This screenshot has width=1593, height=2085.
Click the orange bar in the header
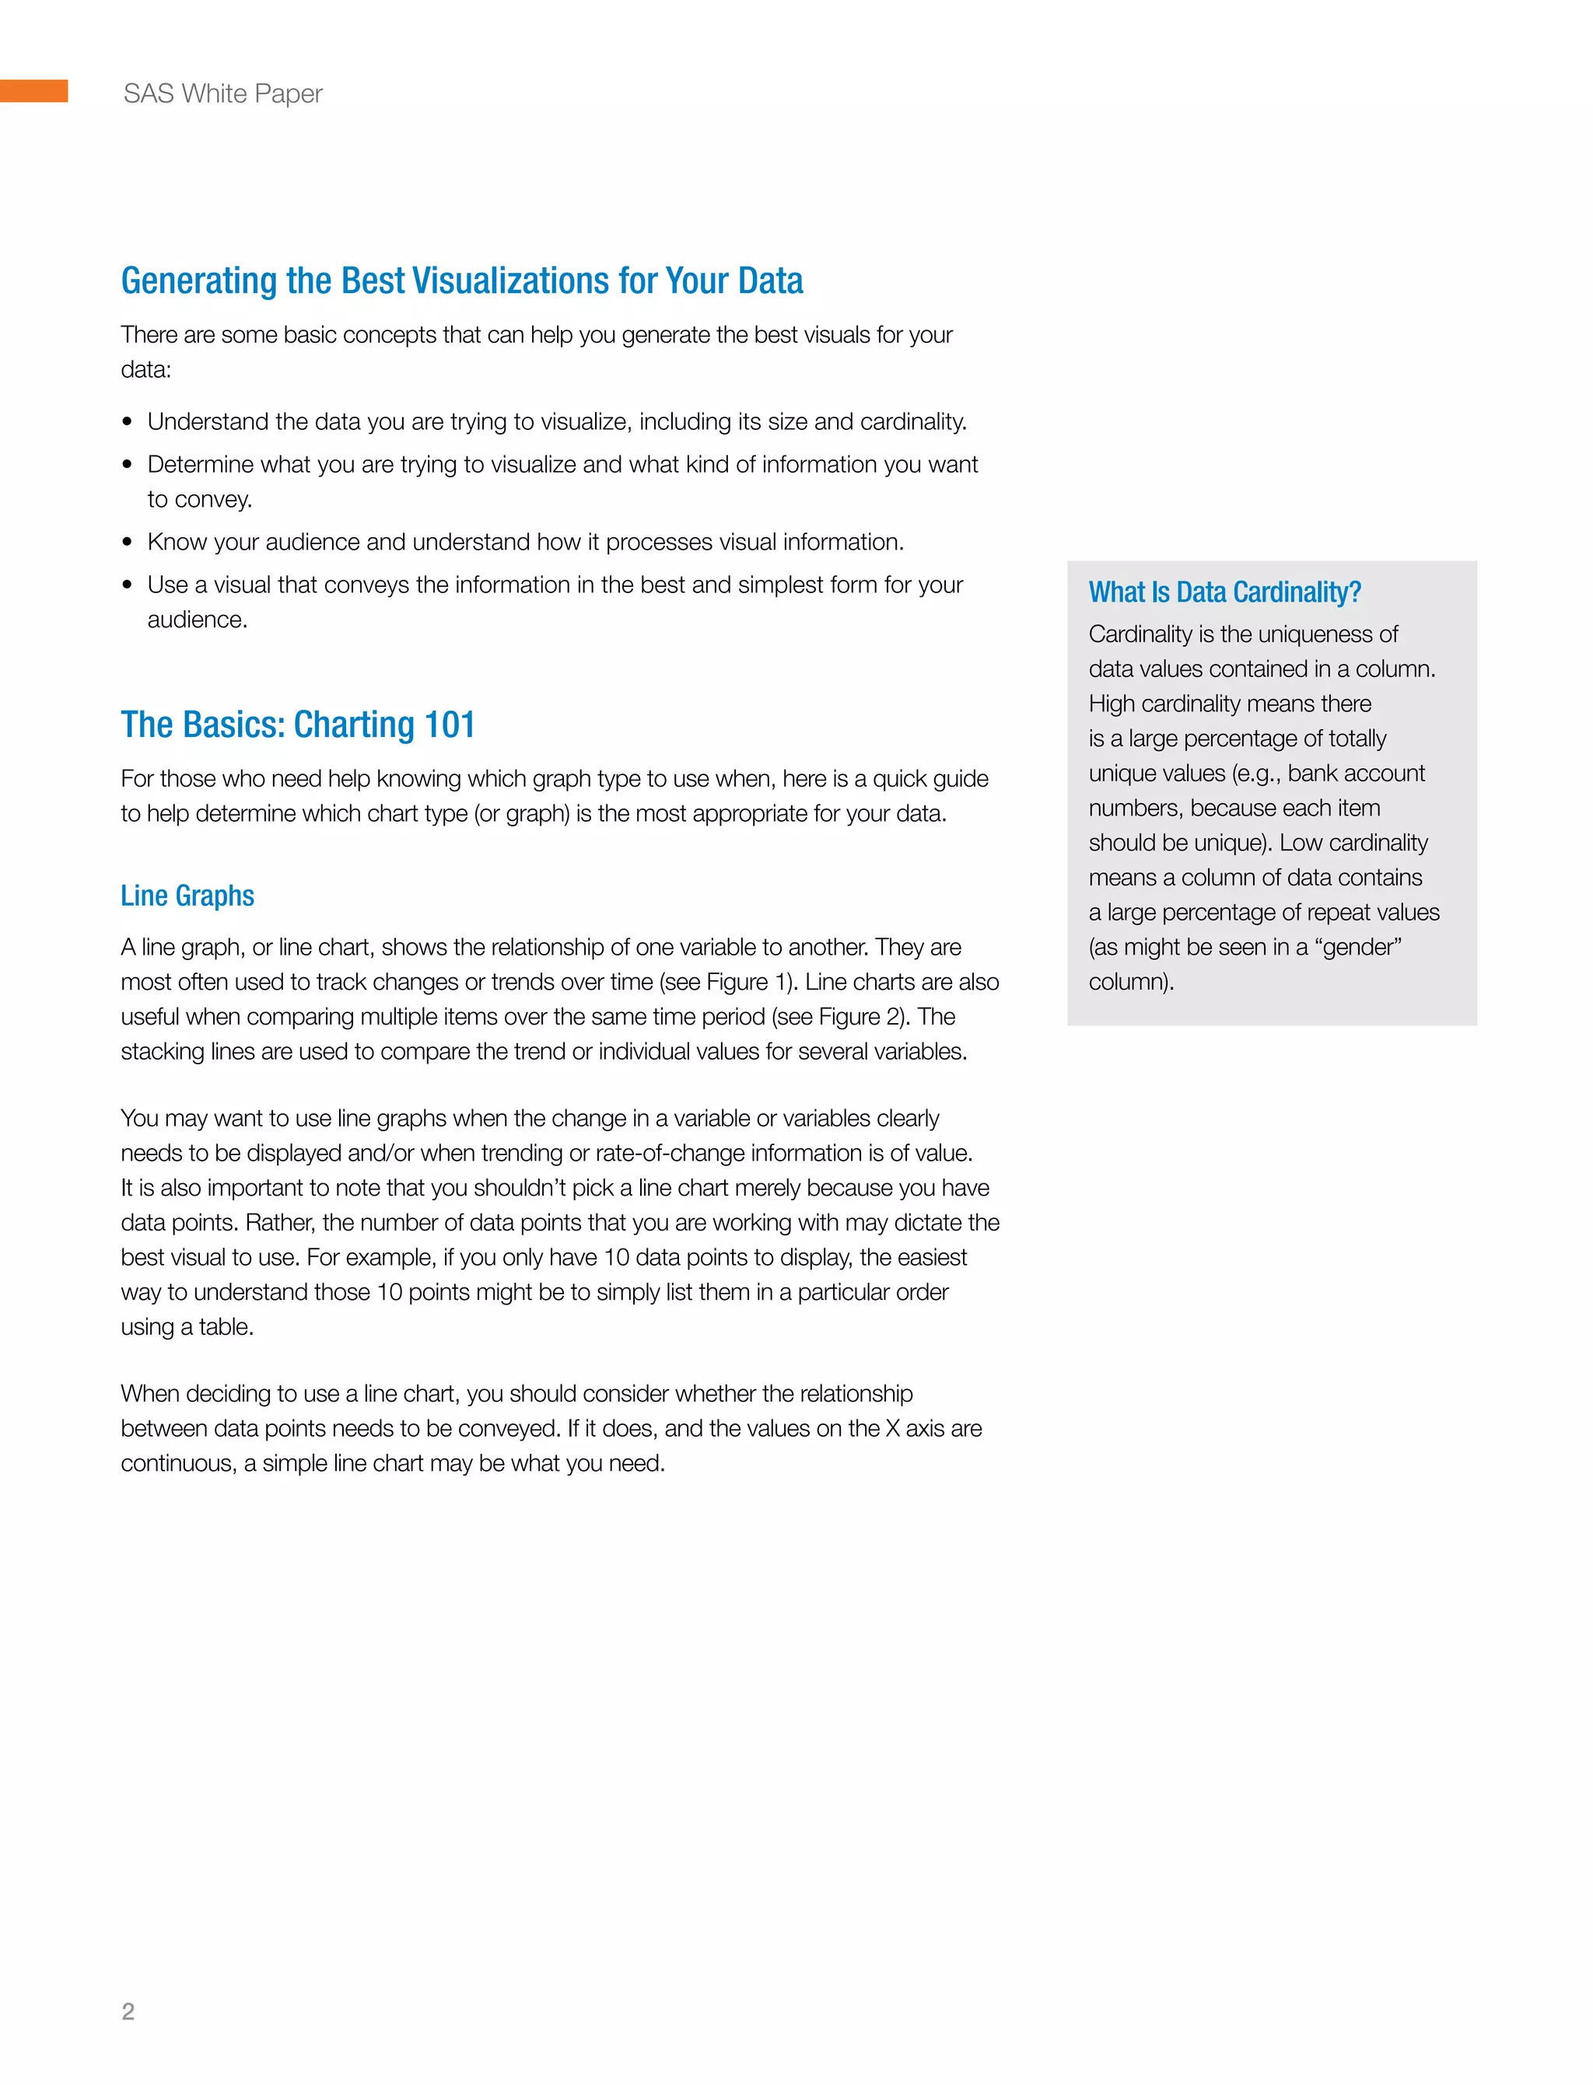(x=33, y=91)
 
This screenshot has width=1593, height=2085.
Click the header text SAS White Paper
(x=222, y=94)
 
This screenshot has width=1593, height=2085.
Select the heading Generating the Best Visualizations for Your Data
(x=462, y=281)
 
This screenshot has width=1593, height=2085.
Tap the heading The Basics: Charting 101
(x=298, y=725)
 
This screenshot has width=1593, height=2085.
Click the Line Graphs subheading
(x=187, y=896)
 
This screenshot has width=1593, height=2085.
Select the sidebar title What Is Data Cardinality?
(x=1224, y=592)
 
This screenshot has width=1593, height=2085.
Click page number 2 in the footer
(x=128, y=2011)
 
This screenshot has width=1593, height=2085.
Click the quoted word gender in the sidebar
(x=1360, y=947)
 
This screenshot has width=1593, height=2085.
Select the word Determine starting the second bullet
(x=199, y=464)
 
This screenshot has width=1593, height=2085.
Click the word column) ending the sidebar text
(x=1130, y=982)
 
